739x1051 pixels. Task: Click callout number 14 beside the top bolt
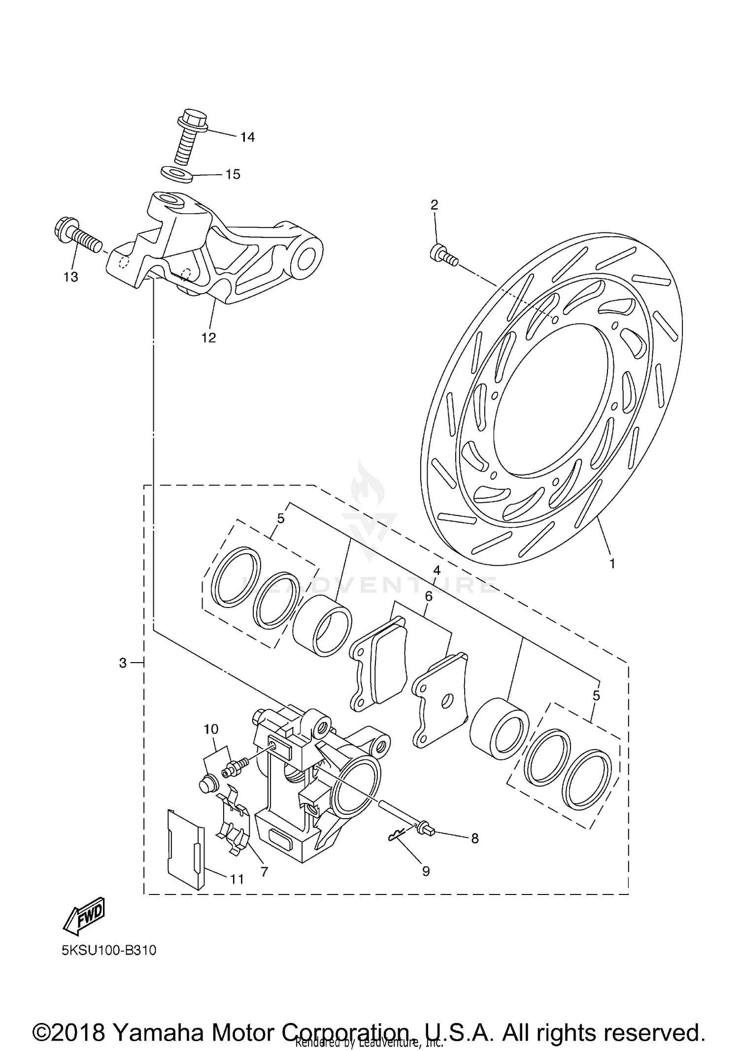pos(247,137)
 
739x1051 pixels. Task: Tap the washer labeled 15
pos(176,174)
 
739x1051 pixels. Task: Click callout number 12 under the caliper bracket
pos(208,338)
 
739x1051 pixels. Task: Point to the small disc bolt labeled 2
pos(441,255)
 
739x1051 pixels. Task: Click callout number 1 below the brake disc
pos(612,564)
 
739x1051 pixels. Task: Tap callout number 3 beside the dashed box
pos(123,663)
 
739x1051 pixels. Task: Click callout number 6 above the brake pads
pos(429,597)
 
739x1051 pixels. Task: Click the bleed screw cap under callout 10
pos(208,784)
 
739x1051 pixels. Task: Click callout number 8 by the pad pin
pos(474,838)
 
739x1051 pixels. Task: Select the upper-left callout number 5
pos(281,518)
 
